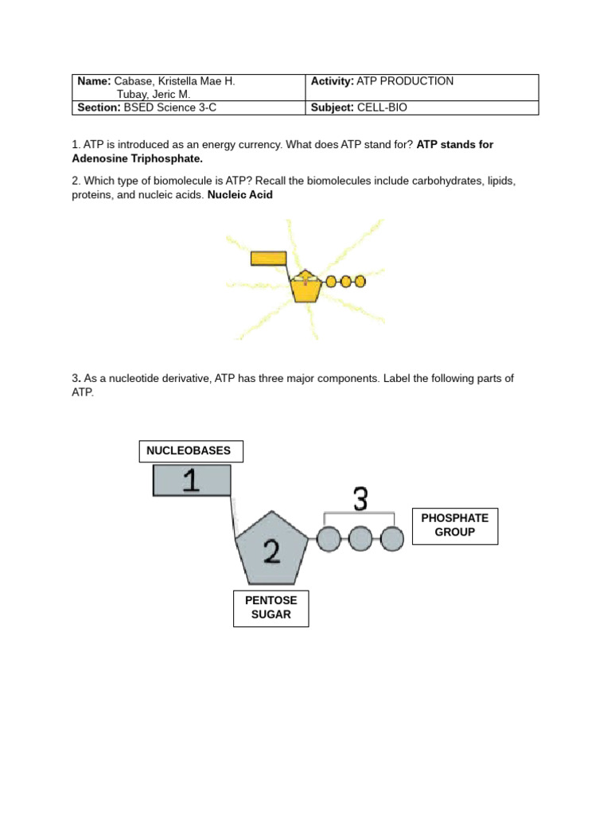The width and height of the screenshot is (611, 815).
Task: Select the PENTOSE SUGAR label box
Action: point(270,608)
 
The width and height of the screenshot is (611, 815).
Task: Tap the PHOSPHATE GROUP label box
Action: point(455,525)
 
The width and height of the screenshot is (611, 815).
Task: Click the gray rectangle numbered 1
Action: point(192,481)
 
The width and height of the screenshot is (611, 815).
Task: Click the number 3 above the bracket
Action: point(360,501)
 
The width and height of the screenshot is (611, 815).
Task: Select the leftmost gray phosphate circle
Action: point(329,539)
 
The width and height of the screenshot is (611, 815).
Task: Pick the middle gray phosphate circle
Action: point(360,539)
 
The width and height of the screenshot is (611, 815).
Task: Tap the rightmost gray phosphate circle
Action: point(392,539)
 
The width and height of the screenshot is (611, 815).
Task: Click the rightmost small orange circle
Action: point(360,281)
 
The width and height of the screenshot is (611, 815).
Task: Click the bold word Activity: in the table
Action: point(332,82)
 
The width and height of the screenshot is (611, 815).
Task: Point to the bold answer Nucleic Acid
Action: point(240,195)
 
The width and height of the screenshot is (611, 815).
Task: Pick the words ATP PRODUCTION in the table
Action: point(405,82)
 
